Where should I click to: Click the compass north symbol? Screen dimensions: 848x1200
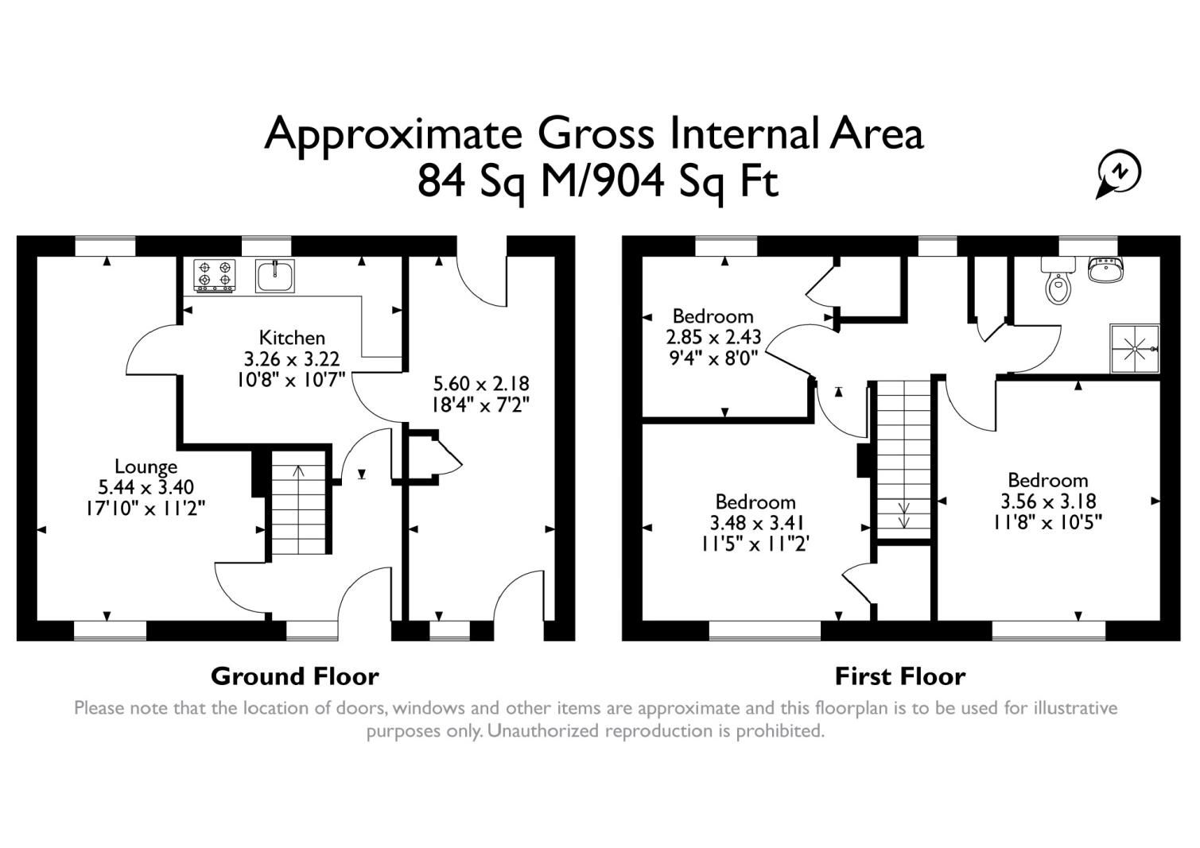tap(1120, 173)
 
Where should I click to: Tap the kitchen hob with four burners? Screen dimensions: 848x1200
tap(215, 275)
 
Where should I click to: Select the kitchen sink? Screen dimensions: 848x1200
tap(275, 276)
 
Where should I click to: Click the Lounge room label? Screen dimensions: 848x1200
tap(146, 467)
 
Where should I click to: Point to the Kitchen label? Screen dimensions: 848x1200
tap(292, 338)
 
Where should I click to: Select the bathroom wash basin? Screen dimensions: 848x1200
tap(1105, 271)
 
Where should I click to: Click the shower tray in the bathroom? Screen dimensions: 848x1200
tap(1135, 348)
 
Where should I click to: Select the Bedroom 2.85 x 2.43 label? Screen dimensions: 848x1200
tap(713, 316)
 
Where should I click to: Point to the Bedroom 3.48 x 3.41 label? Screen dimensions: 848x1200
tap(755, 502)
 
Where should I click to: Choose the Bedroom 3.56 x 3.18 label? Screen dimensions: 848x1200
tap(1047, 480)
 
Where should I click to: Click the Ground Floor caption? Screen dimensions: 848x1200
tap(294, 676)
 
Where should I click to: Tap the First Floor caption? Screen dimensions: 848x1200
tap(899, 676)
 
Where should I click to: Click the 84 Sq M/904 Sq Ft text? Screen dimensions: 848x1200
tap(597, 182)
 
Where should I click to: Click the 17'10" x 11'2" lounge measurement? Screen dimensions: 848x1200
tap(146, 508)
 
